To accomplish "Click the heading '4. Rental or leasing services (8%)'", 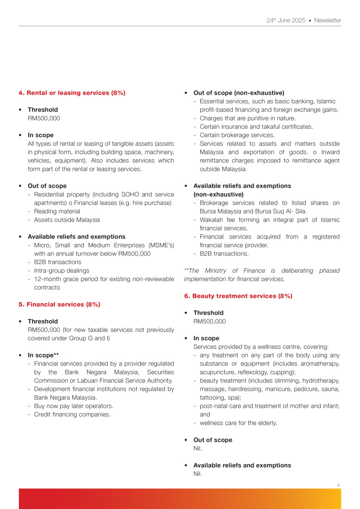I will [72, 93].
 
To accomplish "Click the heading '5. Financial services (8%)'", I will [59, 304].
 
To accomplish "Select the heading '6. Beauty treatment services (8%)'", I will [238, 296].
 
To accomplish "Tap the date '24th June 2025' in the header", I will [286, 21].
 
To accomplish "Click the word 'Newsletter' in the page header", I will [327, 21].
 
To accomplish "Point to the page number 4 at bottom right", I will [339, 485].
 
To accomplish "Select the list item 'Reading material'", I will [57, 211].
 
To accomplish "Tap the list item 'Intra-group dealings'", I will [61, 270].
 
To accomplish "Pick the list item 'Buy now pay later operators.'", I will [74, 406].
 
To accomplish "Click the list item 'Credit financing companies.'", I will [72, 414].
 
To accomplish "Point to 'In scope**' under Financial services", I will [43, 355].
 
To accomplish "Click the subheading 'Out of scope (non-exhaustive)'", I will [239, 93].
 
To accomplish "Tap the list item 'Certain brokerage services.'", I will [237, 135].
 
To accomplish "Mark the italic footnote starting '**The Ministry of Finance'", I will [261, 274].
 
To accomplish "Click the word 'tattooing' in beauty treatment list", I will [213, 397].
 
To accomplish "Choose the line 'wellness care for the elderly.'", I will [239, 423].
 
